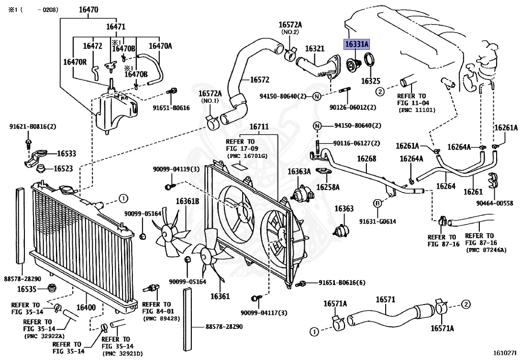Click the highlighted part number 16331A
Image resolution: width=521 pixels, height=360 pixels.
pyautogui.click(x=357, y=44)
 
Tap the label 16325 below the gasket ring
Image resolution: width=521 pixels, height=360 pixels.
pyautogui.click(x=370, y=81)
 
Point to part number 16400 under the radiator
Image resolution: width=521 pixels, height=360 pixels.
pyautogui.click(x=86, y=307)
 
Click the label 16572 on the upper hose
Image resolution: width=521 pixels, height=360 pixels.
pyautogui.click(x=259, y=80)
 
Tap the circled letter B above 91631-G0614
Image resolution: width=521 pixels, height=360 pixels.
pyautogui.click(x=378, y=204)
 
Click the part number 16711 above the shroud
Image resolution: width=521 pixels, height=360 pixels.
pyautogui.click(x=259, y=127)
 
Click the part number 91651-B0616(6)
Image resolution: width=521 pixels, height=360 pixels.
pyautogui.click(x=342, y=283)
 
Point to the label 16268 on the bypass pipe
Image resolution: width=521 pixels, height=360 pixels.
pyautogui.click(x=366, y=158)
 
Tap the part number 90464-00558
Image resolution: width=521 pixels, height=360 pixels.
pyautogui.click(x=495, y=203)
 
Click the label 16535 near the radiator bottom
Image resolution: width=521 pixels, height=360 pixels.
pyautogui.click(x=26, y=289)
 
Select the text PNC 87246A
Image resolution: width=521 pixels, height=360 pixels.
pyautogui.click(x=486, y=250)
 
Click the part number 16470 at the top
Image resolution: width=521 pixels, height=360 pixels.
pyautogui.click(x=89, y=10)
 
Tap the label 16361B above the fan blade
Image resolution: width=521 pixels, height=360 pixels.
pyautogui.click(x=187, y=201)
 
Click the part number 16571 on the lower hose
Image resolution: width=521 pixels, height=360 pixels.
pyautogui.click(x=386, y=299)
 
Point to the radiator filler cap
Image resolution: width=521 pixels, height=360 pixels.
pyautogui.click(x=68, y=190)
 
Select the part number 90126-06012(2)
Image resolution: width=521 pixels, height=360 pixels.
pyautogui.click(x=353, y=107)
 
